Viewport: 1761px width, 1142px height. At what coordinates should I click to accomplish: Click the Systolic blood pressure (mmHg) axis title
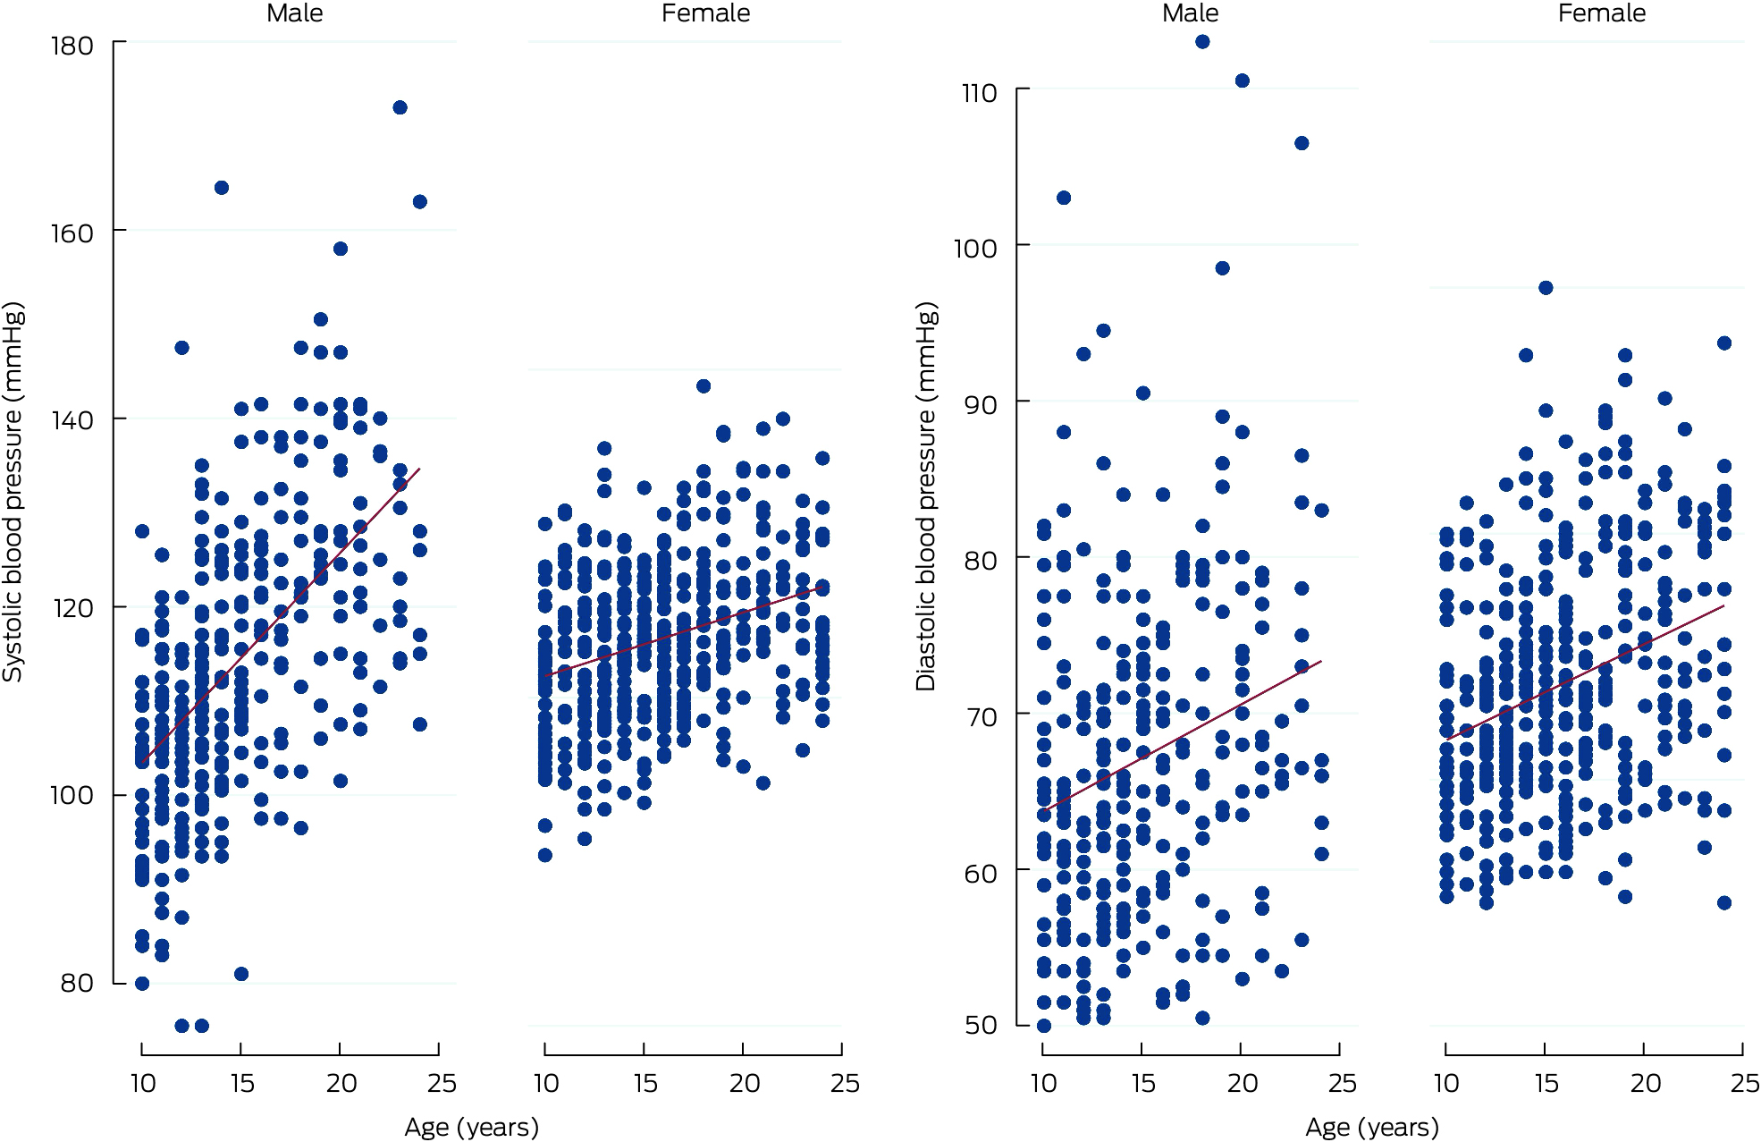[13, 492]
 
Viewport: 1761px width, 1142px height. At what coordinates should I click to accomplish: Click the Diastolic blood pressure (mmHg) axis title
[926, 496]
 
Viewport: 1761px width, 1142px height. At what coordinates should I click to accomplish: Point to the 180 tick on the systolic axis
[72, 46]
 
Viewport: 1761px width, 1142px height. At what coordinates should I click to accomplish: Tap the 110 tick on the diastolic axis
[979, 93]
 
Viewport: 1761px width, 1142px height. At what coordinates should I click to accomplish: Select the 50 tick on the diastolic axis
[981, 1025]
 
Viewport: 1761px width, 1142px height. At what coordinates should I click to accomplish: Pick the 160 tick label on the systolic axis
[72, 233]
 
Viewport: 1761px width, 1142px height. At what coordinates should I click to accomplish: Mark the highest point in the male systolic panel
[400, 107]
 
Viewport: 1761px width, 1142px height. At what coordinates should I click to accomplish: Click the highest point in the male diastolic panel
[1202, 42]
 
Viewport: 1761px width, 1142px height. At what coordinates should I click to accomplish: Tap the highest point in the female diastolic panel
[1546, 288]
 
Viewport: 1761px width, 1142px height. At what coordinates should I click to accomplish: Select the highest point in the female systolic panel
[704, 386]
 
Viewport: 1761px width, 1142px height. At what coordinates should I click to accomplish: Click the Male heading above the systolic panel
[294, 13]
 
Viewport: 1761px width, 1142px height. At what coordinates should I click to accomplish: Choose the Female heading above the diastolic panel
[1601, 13]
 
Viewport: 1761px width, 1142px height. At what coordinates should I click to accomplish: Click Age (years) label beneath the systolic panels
[471, 1127]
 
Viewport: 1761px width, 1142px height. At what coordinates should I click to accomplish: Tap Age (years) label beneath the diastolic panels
[1372, 1127]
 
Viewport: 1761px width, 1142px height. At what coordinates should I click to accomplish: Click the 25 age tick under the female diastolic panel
[1745, 1083]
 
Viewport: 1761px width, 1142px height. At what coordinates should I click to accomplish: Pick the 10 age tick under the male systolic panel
[143, 1083]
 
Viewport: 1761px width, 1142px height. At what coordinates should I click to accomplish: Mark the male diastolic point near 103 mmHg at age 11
[1064, 198]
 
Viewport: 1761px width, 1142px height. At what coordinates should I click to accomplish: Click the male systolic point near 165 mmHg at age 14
[222, 188]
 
